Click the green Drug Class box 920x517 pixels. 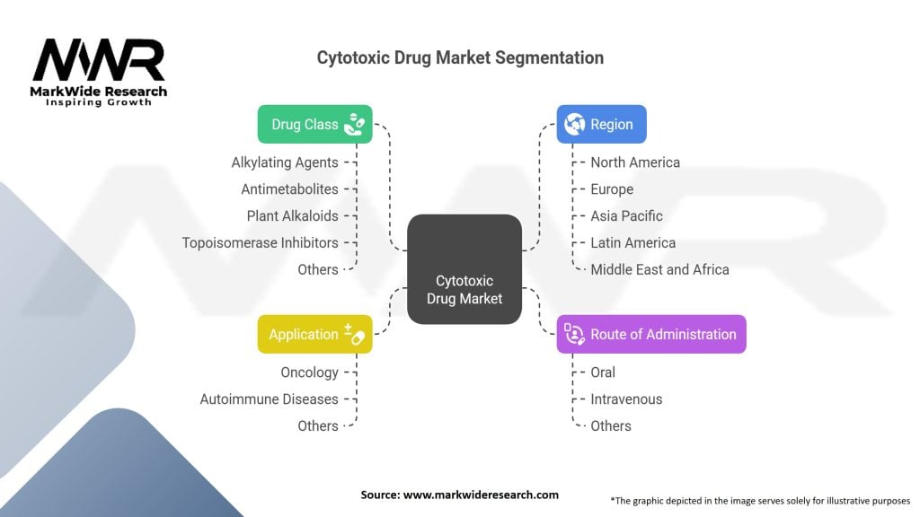click(314, 125)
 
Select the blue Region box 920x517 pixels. click(601, 125)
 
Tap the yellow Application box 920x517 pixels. click(314, 334)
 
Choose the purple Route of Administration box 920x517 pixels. click(650, 334)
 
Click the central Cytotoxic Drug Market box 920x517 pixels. click(464, 269)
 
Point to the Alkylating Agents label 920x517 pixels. click(285, 162)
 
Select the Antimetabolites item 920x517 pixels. click(289, 189)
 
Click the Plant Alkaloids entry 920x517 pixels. click(292, 215)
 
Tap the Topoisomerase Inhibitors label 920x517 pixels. click(260, 242)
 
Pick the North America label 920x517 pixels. click(635, 162)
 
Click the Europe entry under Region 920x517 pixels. click(612, 189)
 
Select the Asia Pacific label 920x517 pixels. click(626, 215)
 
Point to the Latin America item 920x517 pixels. click(632, 242)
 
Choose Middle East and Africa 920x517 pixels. click(659, 269)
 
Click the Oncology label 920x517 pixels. click(309, 372)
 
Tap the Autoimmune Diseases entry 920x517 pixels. click(269, 399)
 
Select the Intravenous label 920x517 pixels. click(626, 399)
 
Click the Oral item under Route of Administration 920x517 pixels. click(603, 372)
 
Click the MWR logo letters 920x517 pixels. click(99, 61)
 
